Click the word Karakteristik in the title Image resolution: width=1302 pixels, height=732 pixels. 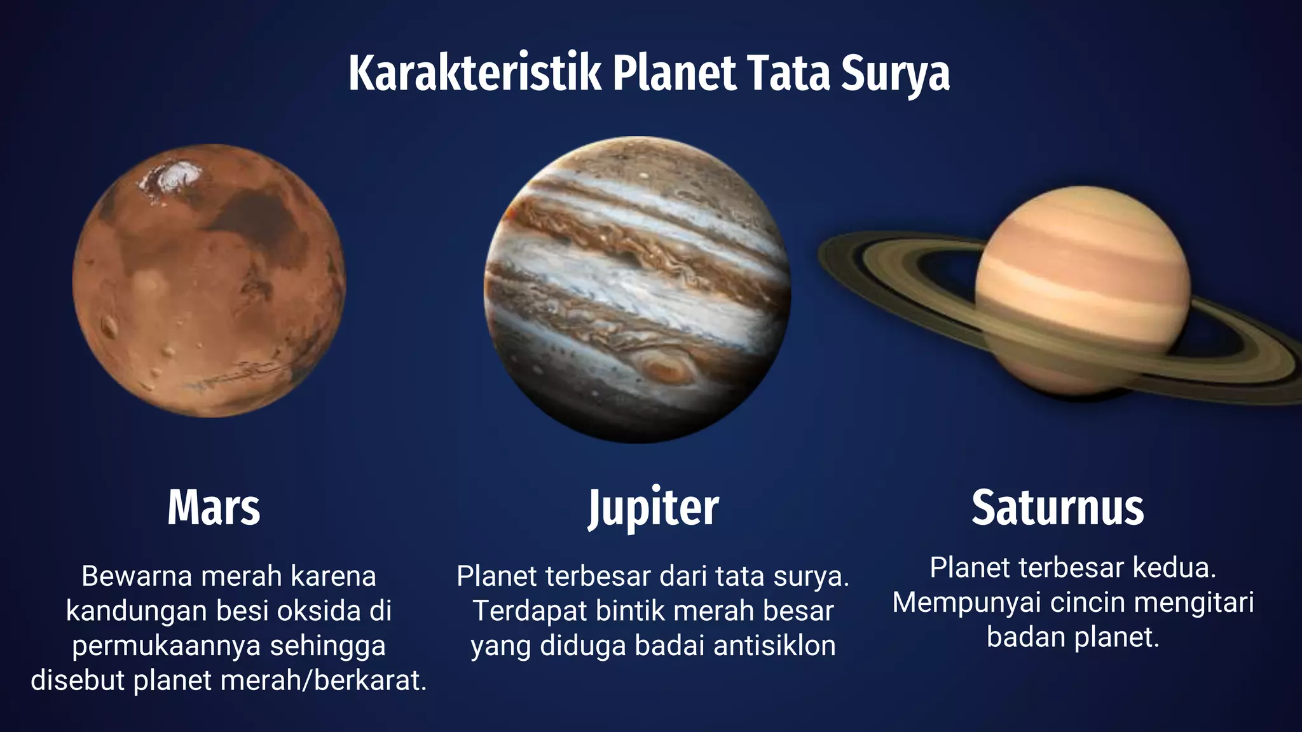474,73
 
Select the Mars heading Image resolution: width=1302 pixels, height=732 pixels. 214,508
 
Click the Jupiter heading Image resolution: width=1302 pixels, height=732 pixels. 653,508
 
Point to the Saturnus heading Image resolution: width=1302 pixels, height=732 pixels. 1057,508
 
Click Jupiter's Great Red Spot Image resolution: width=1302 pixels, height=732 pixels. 665,368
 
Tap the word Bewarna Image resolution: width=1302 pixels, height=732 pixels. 137,576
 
